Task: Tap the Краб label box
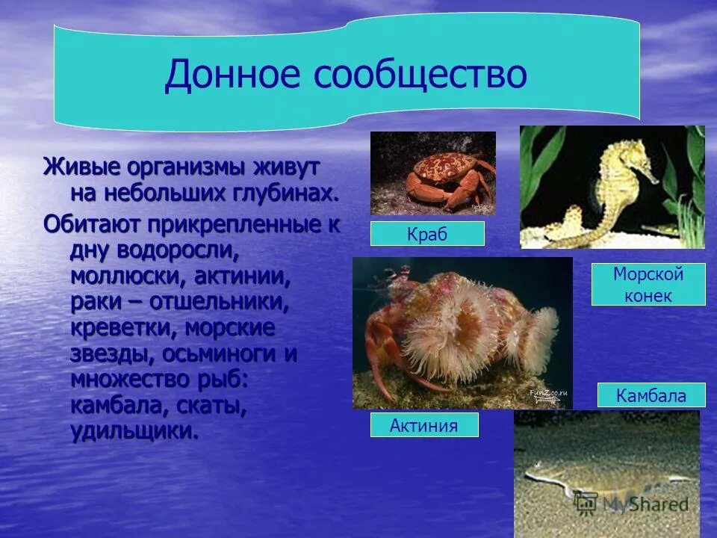pos(427,234)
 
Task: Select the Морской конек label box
pos(648,285)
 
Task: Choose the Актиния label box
pos(423,425)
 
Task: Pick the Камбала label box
pos(651,395)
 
